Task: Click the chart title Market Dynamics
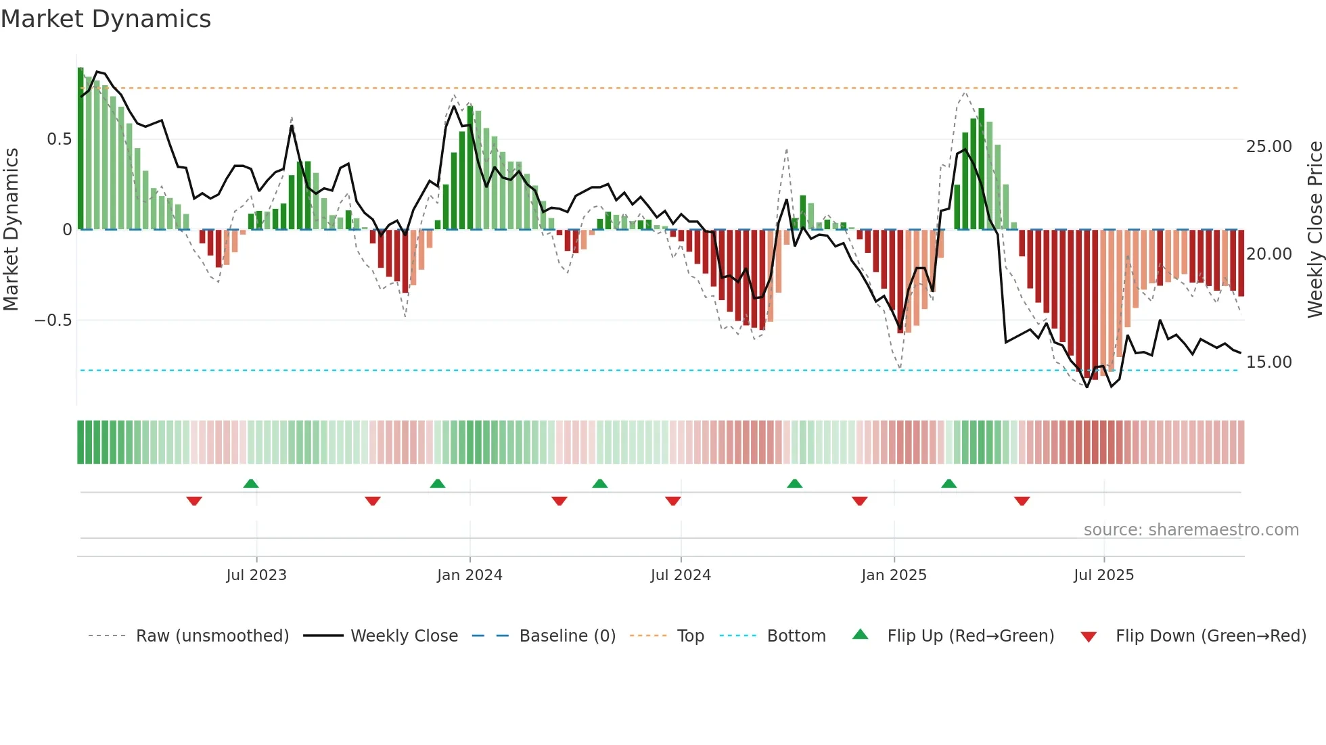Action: [x=106, y=19]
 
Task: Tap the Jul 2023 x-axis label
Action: [x=256, y=575]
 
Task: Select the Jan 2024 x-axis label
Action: [x=470, y=575]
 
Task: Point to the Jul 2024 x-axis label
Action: [x=681, y=575]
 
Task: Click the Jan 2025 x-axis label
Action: [x=894, y=575]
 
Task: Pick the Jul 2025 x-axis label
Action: [x=1103, y=575]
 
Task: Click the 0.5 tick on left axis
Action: [x=59, y=139]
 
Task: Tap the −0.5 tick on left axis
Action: [x=53, y=320]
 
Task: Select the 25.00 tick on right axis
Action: [x=1268, y=147]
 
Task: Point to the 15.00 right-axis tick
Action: [x=1268, y=362]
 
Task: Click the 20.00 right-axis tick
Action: [x=1268, y=254]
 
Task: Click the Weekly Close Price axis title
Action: [x=1314, y=230]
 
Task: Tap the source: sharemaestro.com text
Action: [x=1191, y=530]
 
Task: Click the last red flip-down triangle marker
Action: [x=1022, y=501]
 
